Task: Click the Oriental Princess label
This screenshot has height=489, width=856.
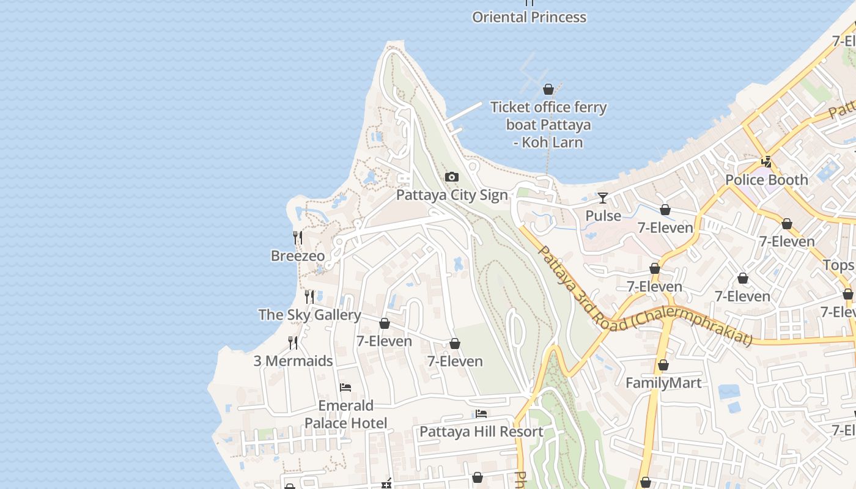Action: coord(529,17)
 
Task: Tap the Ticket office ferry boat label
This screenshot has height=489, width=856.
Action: coord(548,125)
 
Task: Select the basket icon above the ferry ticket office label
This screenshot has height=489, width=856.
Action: coord(548,90)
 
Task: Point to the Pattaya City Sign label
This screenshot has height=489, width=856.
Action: coord(452,195)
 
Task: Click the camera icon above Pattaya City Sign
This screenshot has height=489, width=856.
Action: coord(452,177)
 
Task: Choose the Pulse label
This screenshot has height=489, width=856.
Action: coord(603,216)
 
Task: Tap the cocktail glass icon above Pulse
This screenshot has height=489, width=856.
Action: coord(603,197)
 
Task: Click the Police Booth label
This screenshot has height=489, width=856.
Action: coord(766,180)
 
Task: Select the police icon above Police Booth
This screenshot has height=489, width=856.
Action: coord(766,162)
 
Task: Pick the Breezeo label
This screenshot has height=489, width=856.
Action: coord(298,256)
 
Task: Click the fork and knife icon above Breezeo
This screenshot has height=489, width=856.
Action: coord(298,238)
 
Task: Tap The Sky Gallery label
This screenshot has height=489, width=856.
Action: coord(309,315)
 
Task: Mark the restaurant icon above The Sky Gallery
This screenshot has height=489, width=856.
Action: coord(309,297)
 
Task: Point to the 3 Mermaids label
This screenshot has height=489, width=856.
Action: coord(293,361)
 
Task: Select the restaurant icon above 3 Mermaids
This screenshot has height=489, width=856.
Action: coord(293,343)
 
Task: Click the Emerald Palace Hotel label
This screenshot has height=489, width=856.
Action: coord(345,414)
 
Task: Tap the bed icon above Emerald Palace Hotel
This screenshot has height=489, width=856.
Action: coord(345,388)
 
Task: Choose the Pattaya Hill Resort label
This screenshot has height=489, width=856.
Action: coord(481,432)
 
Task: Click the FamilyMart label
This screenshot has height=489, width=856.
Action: coord(663,383)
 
